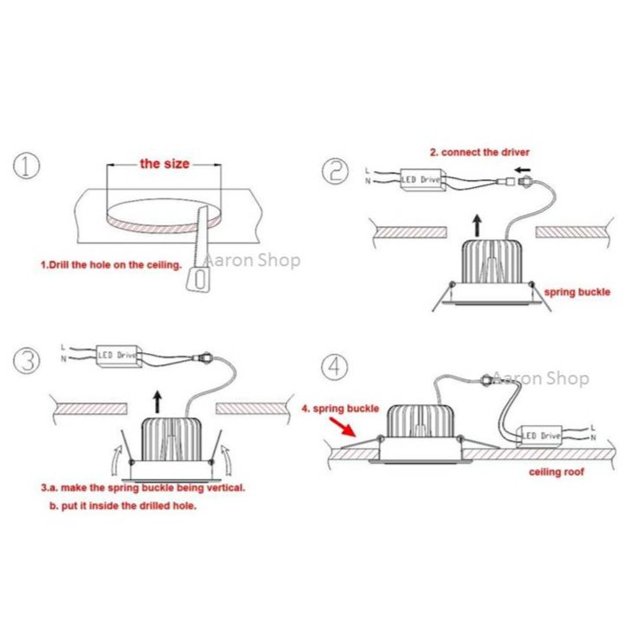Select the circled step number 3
pos(29,359)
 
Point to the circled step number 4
pos(335,366)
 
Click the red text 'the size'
pos(164,163)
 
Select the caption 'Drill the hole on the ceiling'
pos(112,264)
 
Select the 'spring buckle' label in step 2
pos(577,292)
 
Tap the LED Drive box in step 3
pos(117,355)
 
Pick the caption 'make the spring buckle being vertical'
pos(143,488)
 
